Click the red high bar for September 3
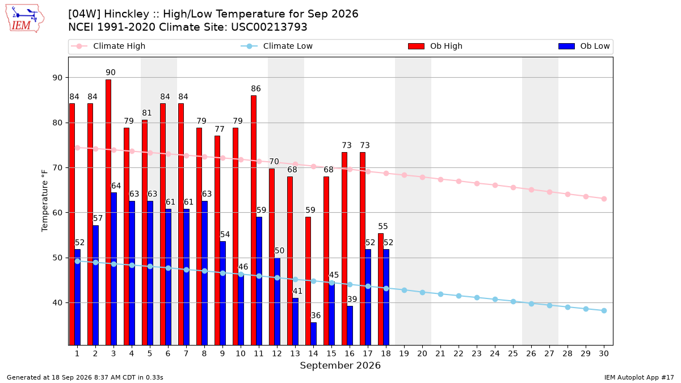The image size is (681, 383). click(x=108, y=212)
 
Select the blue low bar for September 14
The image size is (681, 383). click(x=313, y=334)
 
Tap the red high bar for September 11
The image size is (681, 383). click(x=254, y=220)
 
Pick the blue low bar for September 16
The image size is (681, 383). click(x=350, y=326)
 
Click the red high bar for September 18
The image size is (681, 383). click(x=381, y=289)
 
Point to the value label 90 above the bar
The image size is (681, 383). click(x=111, y=73)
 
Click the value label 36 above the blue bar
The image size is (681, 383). click(x=316, y=315)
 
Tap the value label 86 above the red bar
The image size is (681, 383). click(x=256, y=89)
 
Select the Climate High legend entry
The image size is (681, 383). click(x=108, y=46)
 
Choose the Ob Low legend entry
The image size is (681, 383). click(x=584, y=46)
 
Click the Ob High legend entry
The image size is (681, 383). click(x=435, y=46)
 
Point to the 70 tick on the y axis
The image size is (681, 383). click(x=57, y=168)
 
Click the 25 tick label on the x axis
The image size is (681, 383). click(x=513, y=353)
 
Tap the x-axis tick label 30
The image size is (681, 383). click(x=604, y=353)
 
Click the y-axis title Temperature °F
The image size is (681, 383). click(x=45, y=201)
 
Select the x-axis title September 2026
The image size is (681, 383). click(x=340, y=365)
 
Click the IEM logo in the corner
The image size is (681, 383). click(x=25, y=19)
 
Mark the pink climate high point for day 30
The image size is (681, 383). click(x=604, y=199)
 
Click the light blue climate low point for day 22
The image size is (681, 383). click(x=459, y=296)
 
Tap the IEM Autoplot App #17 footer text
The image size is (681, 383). click(x=639, y=377)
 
